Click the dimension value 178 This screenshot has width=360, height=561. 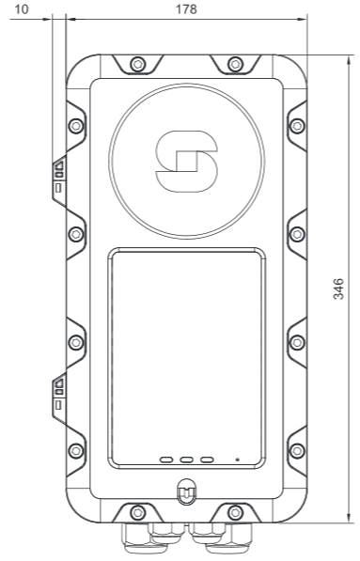(x=186, y=9)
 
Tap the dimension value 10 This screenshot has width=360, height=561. (x=21, y=9)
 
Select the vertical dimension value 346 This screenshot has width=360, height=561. (x=338, y=288)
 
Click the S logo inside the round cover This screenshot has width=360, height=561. (x=186, y=162)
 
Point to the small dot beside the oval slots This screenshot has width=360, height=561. (x=237, y=460)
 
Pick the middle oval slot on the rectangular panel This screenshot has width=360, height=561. (x=187, y=460)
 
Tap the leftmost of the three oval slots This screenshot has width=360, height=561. (x=166, y=460)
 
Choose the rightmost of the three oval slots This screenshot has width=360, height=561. (x=207, y=460)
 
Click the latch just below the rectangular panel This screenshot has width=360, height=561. (x=186, y=491)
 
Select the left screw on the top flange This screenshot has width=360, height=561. (x=138, y=65)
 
